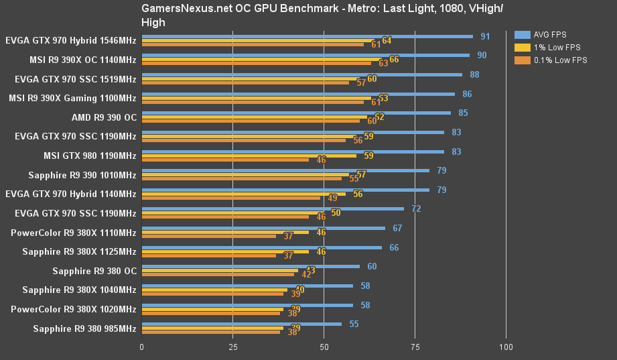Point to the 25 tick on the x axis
(232, 347)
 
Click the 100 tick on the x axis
(506, 347)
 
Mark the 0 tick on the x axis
(141, 347)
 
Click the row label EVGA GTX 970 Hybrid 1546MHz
(70, 40)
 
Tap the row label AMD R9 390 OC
(104, 117)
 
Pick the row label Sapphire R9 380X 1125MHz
(78, 252)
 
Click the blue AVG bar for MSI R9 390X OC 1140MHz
(305, 55)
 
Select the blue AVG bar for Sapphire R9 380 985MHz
(242, 324)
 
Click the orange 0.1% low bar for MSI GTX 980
(225, 160)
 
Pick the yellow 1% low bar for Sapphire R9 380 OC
(220, 270)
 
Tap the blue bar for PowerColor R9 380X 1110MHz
(263, 228)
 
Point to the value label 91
(485, 36)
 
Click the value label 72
(416, 209)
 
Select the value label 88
(474, 74)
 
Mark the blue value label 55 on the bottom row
(354, 324)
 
